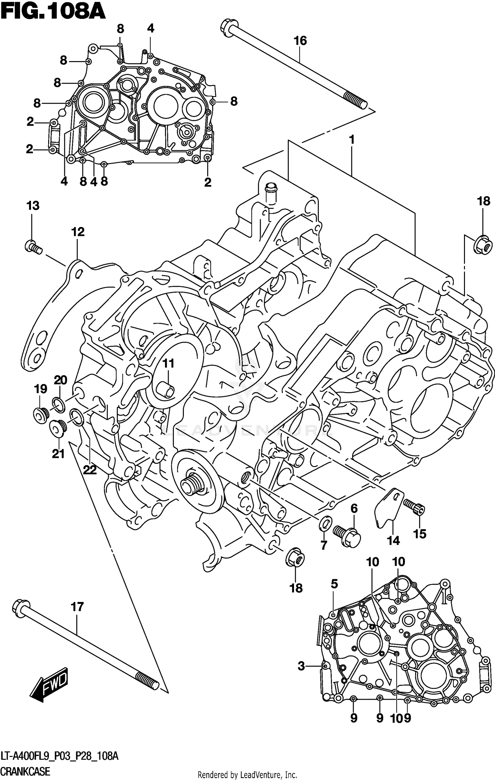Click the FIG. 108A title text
[53, 13]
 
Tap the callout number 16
[300, 41]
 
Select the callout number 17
[77, 607]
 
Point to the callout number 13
[33, 206]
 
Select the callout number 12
[78, 232]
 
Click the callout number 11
[168, 364]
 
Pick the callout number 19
[40, 389]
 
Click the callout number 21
[58, 454]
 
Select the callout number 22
[89, 469]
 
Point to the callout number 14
[393, 541]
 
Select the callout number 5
[334, 584]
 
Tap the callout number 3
[301, 666]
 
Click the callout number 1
[352, 140]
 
